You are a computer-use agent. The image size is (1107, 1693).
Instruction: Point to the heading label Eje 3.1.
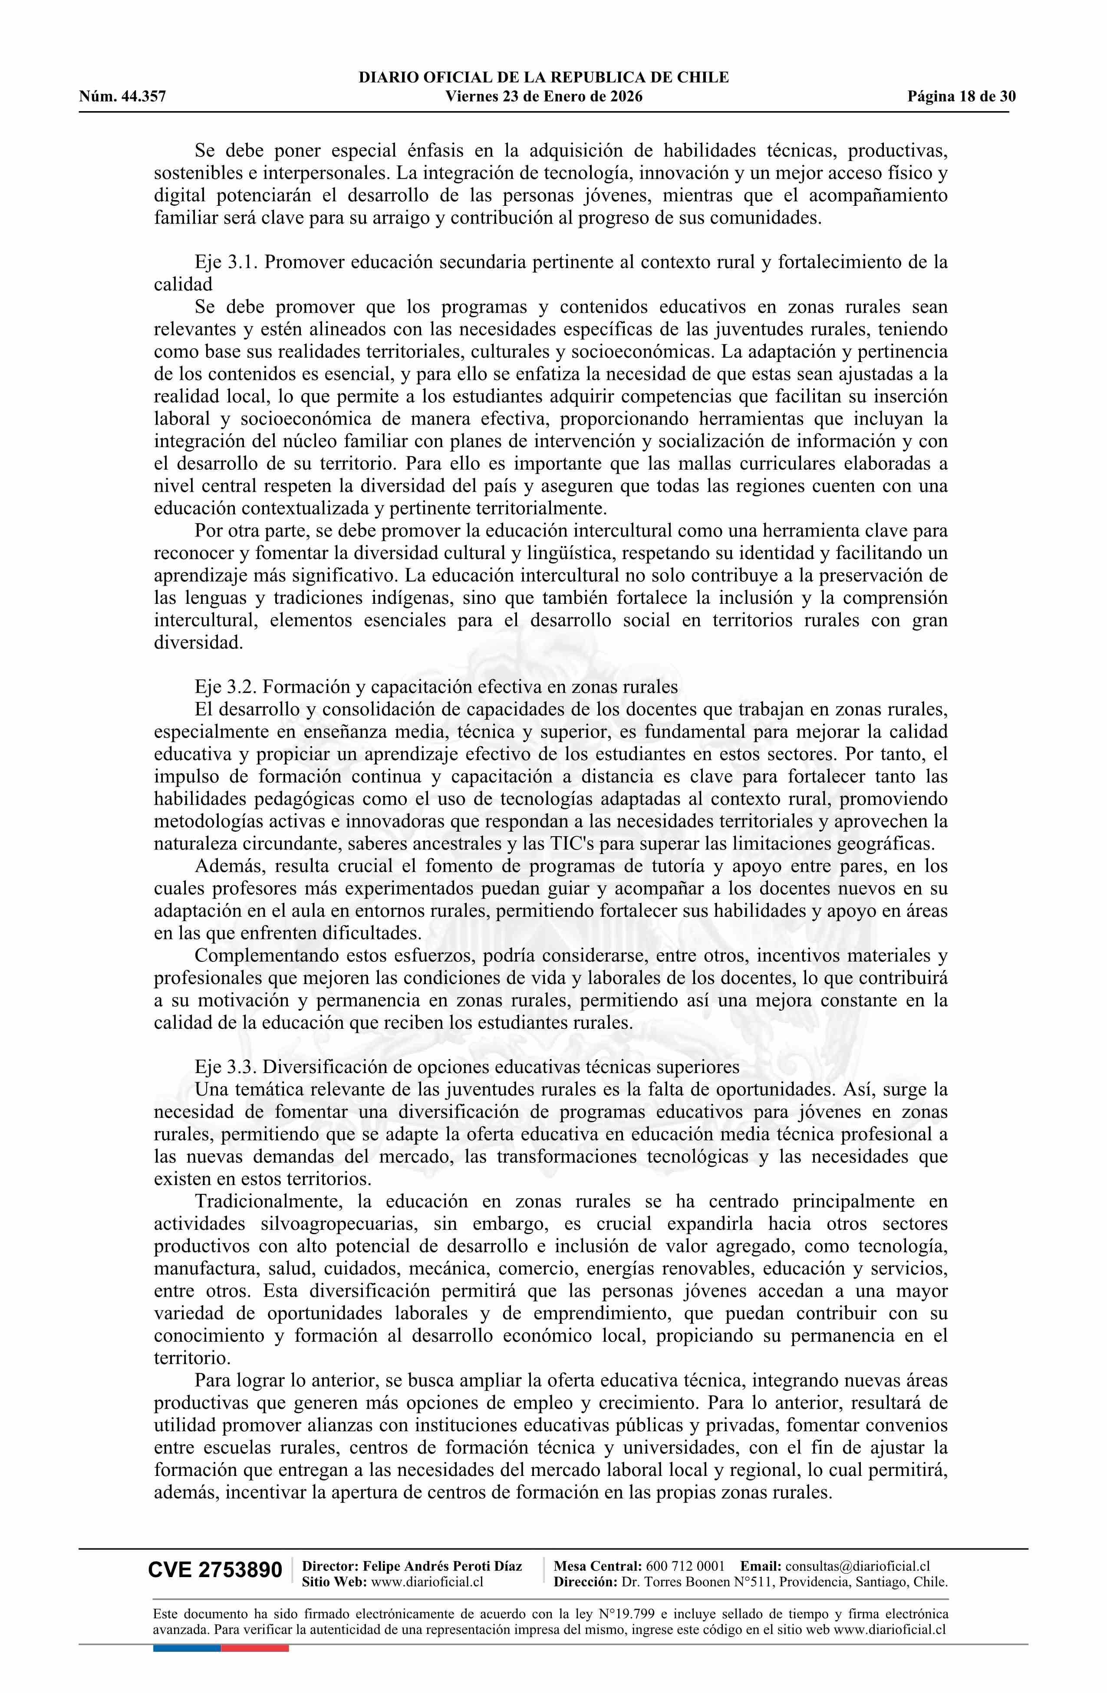pos(227,262)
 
